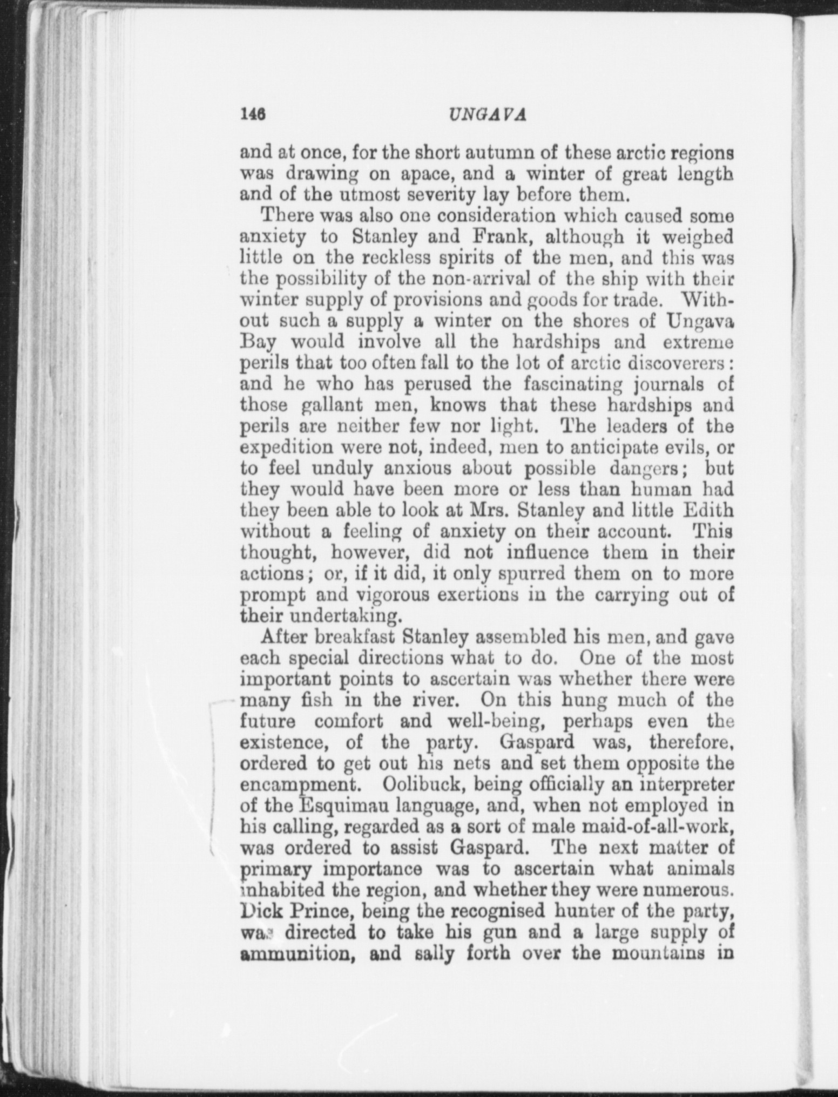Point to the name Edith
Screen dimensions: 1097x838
708,510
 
